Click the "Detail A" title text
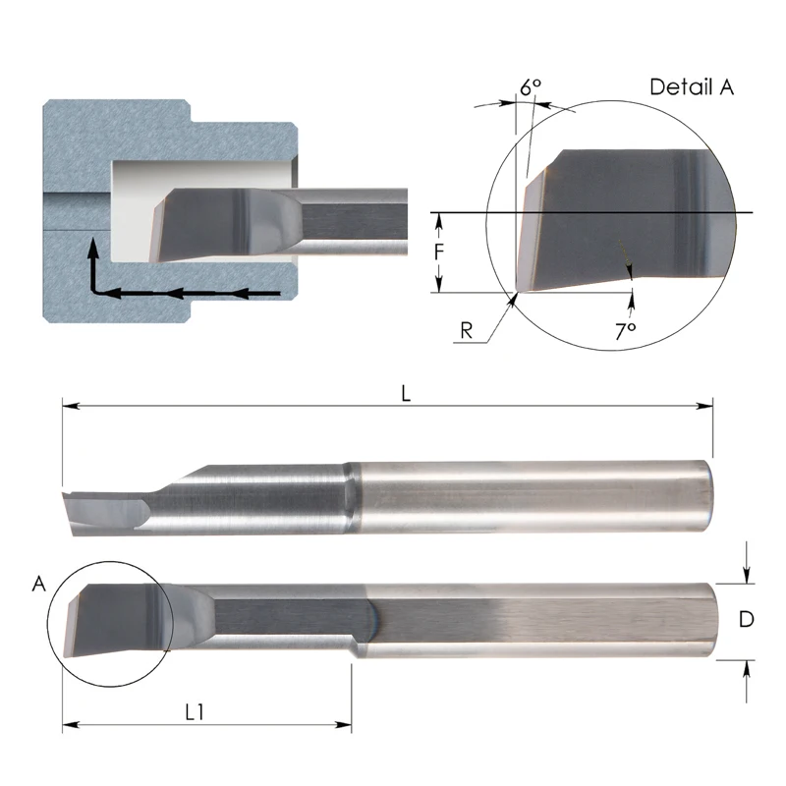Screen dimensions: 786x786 coord(692,86)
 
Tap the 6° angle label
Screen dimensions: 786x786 coord(531,87)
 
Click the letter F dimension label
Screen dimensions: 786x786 coord(440,252)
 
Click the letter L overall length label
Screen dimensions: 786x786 coord(406,391)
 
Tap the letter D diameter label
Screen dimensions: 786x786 coord(747,619)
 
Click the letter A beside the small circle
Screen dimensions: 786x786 coord(39,585)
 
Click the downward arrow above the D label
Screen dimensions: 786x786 coord(749,575)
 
